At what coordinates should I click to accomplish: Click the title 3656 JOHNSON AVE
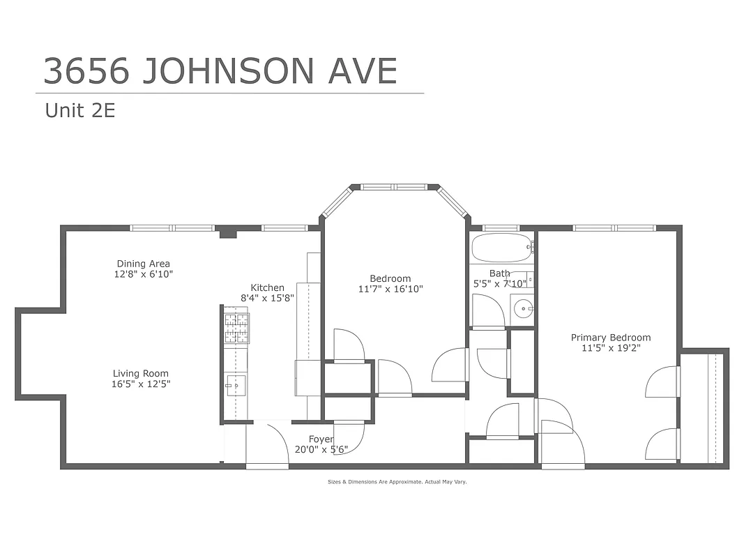pos(220,70)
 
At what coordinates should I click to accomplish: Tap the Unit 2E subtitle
pos(79,110)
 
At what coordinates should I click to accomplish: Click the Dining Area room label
pos(143,264)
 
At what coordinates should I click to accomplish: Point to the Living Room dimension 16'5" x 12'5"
pos(141,384)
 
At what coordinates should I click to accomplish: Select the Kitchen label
pos(267,287)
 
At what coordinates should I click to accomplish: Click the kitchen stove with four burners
pos(236,328)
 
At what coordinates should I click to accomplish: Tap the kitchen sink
pos(234,384)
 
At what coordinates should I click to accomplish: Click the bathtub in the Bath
pos(501,247)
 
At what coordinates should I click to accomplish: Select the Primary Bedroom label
pos(610,338)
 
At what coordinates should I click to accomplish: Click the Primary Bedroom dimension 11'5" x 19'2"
pos(610,347)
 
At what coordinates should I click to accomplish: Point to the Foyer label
pos(321,439)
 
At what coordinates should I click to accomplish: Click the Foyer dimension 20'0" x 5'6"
pos(321,449)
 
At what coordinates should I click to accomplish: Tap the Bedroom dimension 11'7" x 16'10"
pos(390,289)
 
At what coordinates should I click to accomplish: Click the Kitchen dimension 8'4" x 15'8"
pos(268,297)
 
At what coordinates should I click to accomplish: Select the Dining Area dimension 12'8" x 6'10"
pos(144,274)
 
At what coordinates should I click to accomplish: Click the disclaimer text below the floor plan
pos(397,481)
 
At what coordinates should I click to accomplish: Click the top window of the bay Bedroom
pos(395,186)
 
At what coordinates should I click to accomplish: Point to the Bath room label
pos(499,273)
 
